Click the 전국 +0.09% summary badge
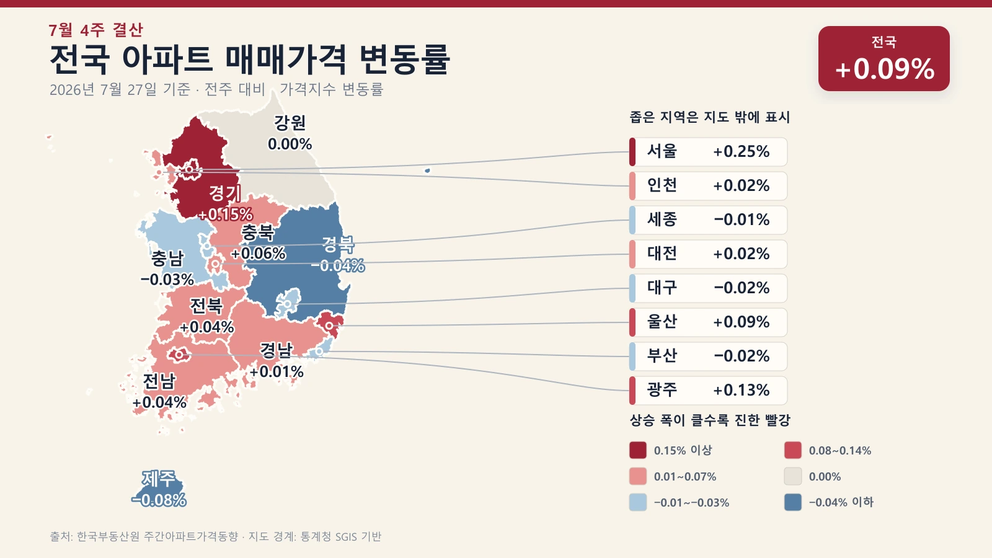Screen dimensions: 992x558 [884, 58]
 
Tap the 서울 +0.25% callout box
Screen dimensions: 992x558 [708, 151]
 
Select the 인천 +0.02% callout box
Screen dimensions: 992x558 [708, 185]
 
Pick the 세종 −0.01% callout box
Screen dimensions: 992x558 [708, 219]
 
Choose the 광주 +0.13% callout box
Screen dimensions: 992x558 [708, 390]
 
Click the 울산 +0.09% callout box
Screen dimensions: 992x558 [708, 322]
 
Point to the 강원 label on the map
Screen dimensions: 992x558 [290, 123]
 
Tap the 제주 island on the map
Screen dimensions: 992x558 [159, 489]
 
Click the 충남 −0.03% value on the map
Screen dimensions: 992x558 [167, 280]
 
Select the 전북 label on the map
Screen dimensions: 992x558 [206, 306]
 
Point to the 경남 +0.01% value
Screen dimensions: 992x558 [277, 371]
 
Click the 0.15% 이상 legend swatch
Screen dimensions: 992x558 [638, 450]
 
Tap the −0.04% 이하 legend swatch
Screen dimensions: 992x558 [793, 502]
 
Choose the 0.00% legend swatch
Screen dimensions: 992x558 [793, 476]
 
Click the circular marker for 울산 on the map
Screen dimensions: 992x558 [329, 326]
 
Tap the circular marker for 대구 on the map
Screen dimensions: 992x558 [288, 304]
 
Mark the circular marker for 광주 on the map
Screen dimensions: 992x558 [179, 355]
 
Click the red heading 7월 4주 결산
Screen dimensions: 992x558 [96, 30]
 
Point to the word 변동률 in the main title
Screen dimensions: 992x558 [404, 59]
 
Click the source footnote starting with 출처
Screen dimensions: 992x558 [215, 536]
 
